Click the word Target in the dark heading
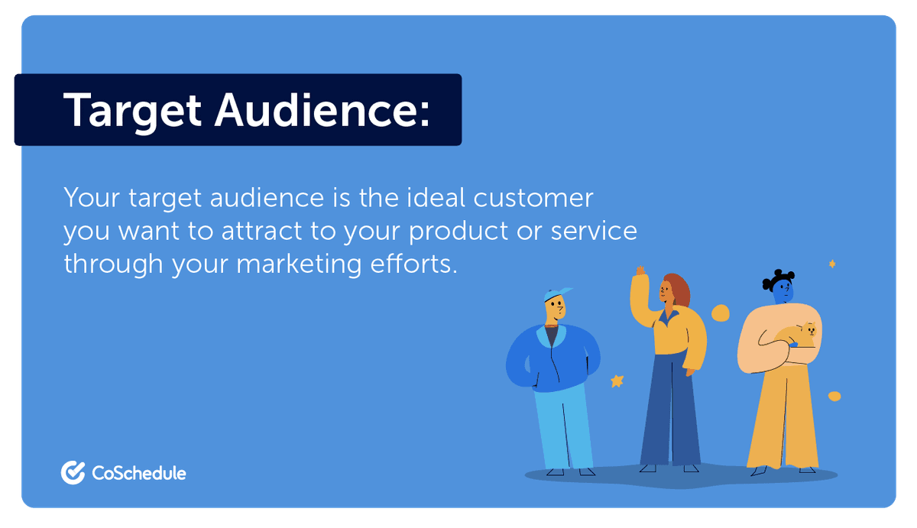coord(132,110)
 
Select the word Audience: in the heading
coord(322,110)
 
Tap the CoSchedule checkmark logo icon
coord(73,473)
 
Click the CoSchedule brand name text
coord(138,474)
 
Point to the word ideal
coord(433,198)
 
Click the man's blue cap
coord(557,294)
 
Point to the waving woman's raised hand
coord(640,272)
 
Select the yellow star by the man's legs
coord(617,381)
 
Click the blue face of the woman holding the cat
coord(783,291)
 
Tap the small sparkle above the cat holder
coord(832,264)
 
